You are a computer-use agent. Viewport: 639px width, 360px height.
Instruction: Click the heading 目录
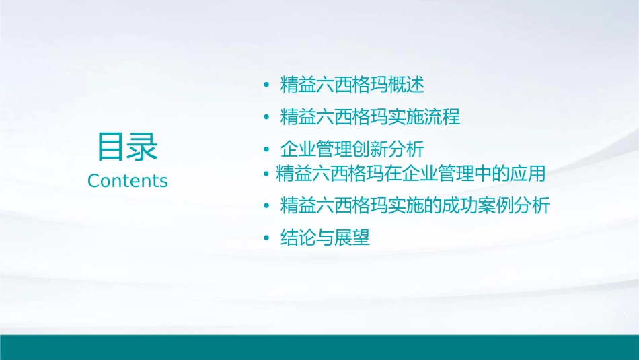tap(128, 147)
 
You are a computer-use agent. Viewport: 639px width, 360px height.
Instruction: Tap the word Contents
tap(128, 181)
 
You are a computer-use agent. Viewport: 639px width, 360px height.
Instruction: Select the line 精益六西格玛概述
tap(352, 85)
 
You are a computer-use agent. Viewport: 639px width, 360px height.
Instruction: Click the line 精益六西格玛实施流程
tap(370, 117)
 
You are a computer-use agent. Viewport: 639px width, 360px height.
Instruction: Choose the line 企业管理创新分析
tap(352, 149)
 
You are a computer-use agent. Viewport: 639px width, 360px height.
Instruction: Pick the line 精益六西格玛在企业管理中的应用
tap(410, 174)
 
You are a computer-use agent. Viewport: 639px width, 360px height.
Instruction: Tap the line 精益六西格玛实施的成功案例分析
tap(415, 206)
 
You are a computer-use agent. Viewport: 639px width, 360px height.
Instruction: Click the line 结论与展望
tap(325, 238)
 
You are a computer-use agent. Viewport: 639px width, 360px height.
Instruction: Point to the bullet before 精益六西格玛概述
tap(266, 86)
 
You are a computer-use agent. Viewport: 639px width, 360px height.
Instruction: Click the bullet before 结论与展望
tap(266, 238)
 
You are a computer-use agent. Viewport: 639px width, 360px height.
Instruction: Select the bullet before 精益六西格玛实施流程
tap(266, 118)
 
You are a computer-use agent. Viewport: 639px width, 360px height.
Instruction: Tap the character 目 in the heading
tap(112, 147)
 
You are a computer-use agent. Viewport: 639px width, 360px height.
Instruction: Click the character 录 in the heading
tap(143, 147)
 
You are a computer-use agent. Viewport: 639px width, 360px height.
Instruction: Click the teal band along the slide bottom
tap(319, 347)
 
